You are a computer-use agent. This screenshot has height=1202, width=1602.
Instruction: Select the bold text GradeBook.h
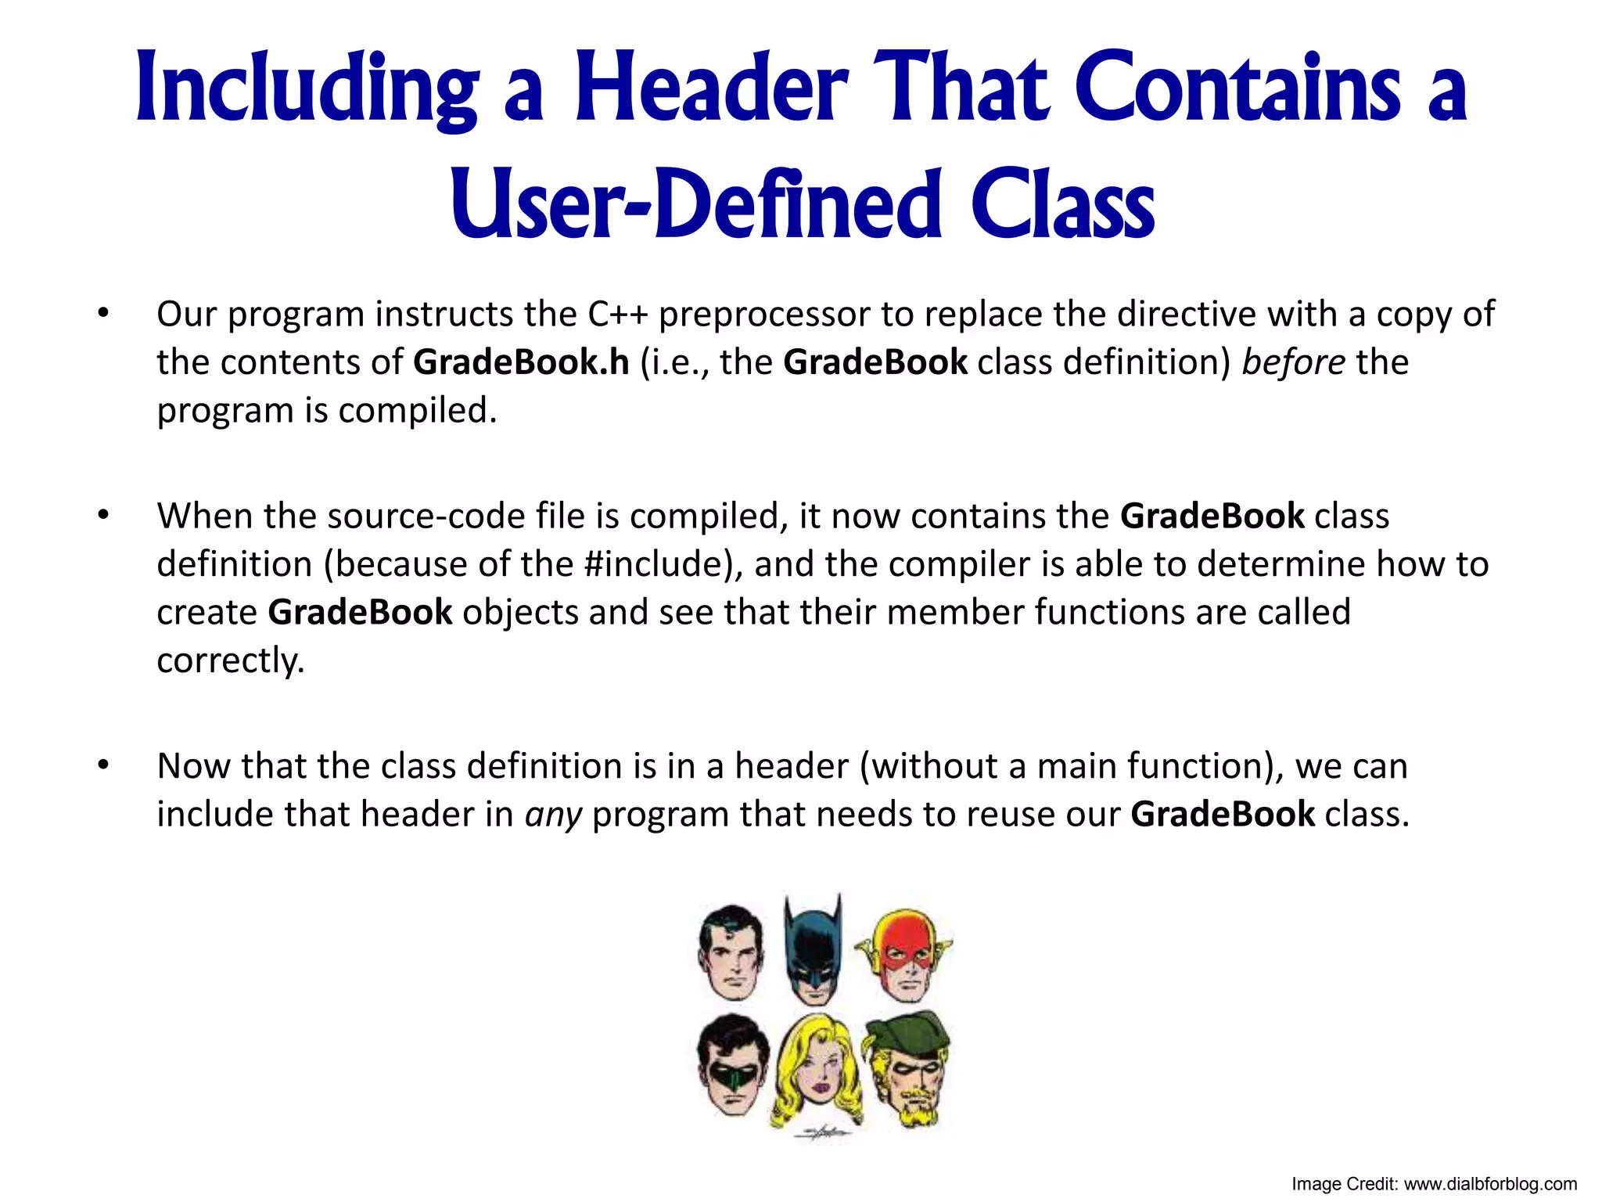(521, 362)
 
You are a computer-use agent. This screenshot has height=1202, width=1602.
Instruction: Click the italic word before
(1293, 362)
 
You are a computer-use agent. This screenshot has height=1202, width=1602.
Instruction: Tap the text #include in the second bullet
(656, 564)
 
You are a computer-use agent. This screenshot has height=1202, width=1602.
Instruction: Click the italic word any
(553, 815)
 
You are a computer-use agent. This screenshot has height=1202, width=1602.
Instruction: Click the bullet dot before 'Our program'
(102, 314)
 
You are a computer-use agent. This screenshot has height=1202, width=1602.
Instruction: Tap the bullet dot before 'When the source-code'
(102, 516)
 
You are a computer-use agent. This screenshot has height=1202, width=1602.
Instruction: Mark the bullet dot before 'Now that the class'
(102, 765)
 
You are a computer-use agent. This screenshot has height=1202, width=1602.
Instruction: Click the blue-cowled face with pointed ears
(814, 951)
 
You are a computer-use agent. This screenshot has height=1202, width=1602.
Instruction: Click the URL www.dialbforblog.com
(1490, 1184)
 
